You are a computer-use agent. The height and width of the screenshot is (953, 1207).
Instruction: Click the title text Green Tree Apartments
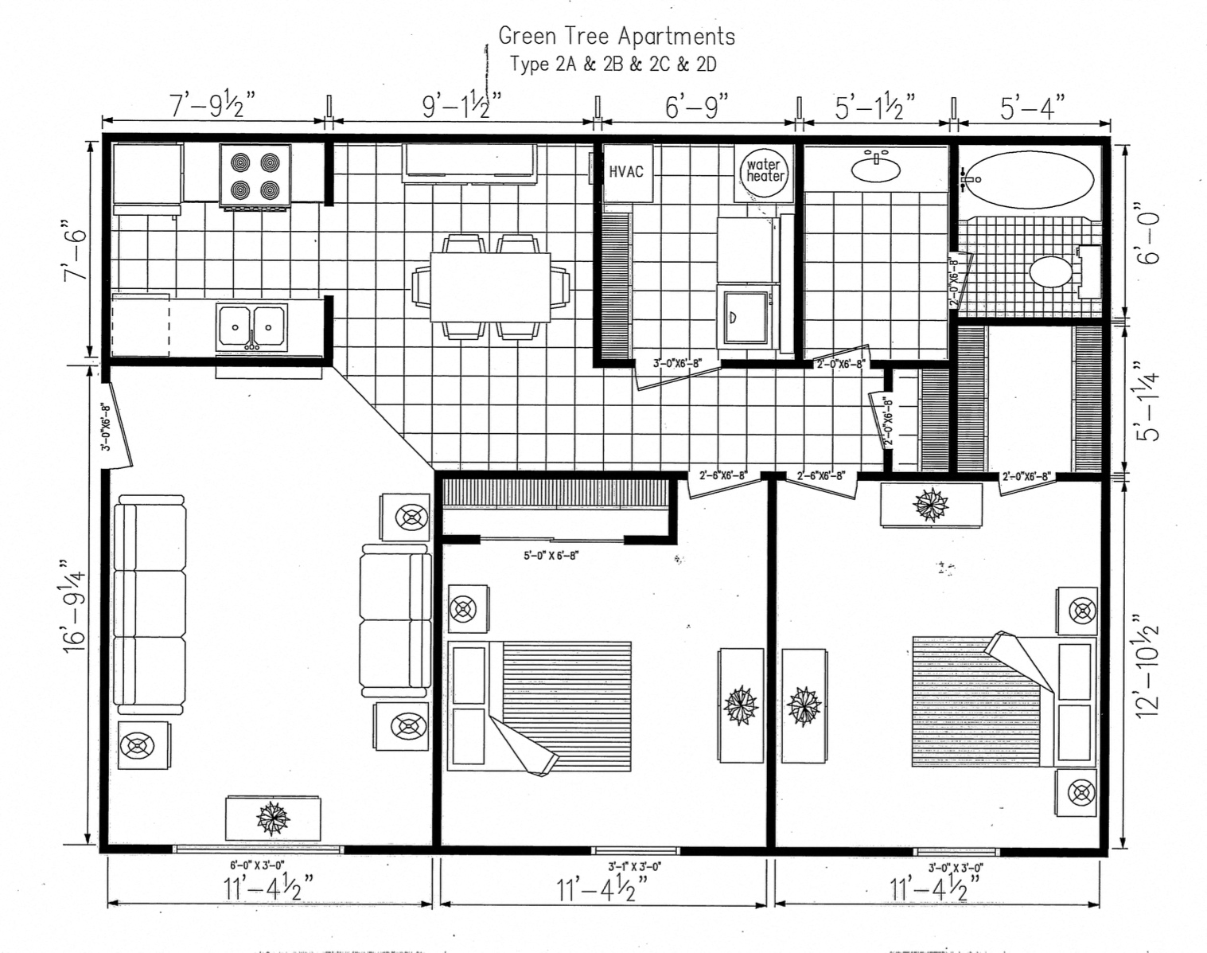(x=616, y=36)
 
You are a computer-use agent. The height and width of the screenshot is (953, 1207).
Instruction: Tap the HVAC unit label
(x=625, y=171)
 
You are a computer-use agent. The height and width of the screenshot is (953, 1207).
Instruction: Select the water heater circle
(x=765, y=170)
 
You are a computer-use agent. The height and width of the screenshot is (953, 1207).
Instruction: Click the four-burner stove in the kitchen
(x=255, y=177)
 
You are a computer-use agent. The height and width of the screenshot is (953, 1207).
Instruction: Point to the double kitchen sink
(x=251, y=327)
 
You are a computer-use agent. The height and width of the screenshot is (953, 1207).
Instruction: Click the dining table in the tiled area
(x=490, y=286)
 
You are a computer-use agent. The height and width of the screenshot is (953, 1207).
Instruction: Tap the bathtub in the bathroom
(x=1032, y=179)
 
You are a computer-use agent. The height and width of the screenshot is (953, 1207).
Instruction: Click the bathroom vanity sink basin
(x=876, y=169)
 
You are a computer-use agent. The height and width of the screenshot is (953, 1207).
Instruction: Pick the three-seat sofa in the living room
(x=150, y=603)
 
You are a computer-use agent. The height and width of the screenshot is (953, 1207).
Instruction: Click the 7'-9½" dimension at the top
(x=212, y=106)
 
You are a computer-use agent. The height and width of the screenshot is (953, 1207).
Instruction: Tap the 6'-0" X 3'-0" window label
(x=257, y=865)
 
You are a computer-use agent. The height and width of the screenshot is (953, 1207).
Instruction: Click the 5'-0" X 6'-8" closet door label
(x=551, y=555)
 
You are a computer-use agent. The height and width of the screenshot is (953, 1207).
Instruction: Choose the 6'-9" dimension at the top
(x=696, y=106)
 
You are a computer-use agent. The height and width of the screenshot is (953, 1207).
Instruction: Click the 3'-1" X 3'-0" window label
(x=634, y=866)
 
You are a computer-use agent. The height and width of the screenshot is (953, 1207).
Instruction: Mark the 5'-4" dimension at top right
(x=1032, y=107)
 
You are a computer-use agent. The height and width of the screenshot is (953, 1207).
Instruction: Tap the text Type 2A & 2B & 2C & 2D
(x=613, y=64)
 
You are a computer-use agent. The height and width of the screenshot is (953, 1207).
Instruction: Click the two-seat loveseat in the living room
(x=395, y=619)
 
